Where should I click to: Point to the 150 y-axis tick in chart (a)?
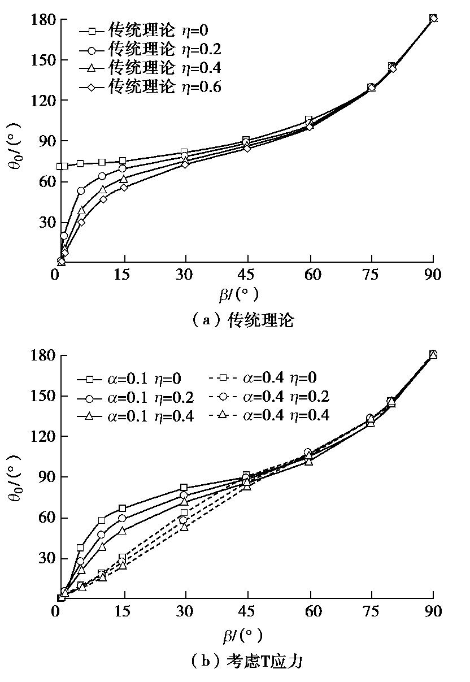pos(42,60)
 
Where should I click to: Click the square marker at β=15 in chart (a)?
pos(123,161)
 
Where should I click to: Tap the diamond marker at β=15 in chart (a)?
pos(124,187)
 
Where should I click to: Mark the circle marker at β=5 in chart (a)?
pos(81,191)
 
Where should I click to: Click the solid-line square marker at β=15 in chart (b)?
pos(122,508)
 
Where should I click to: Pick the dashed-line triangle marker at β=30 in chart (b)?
pos(184,527)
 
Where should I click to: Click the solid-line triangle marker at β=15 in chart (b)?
pos(123,531)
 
